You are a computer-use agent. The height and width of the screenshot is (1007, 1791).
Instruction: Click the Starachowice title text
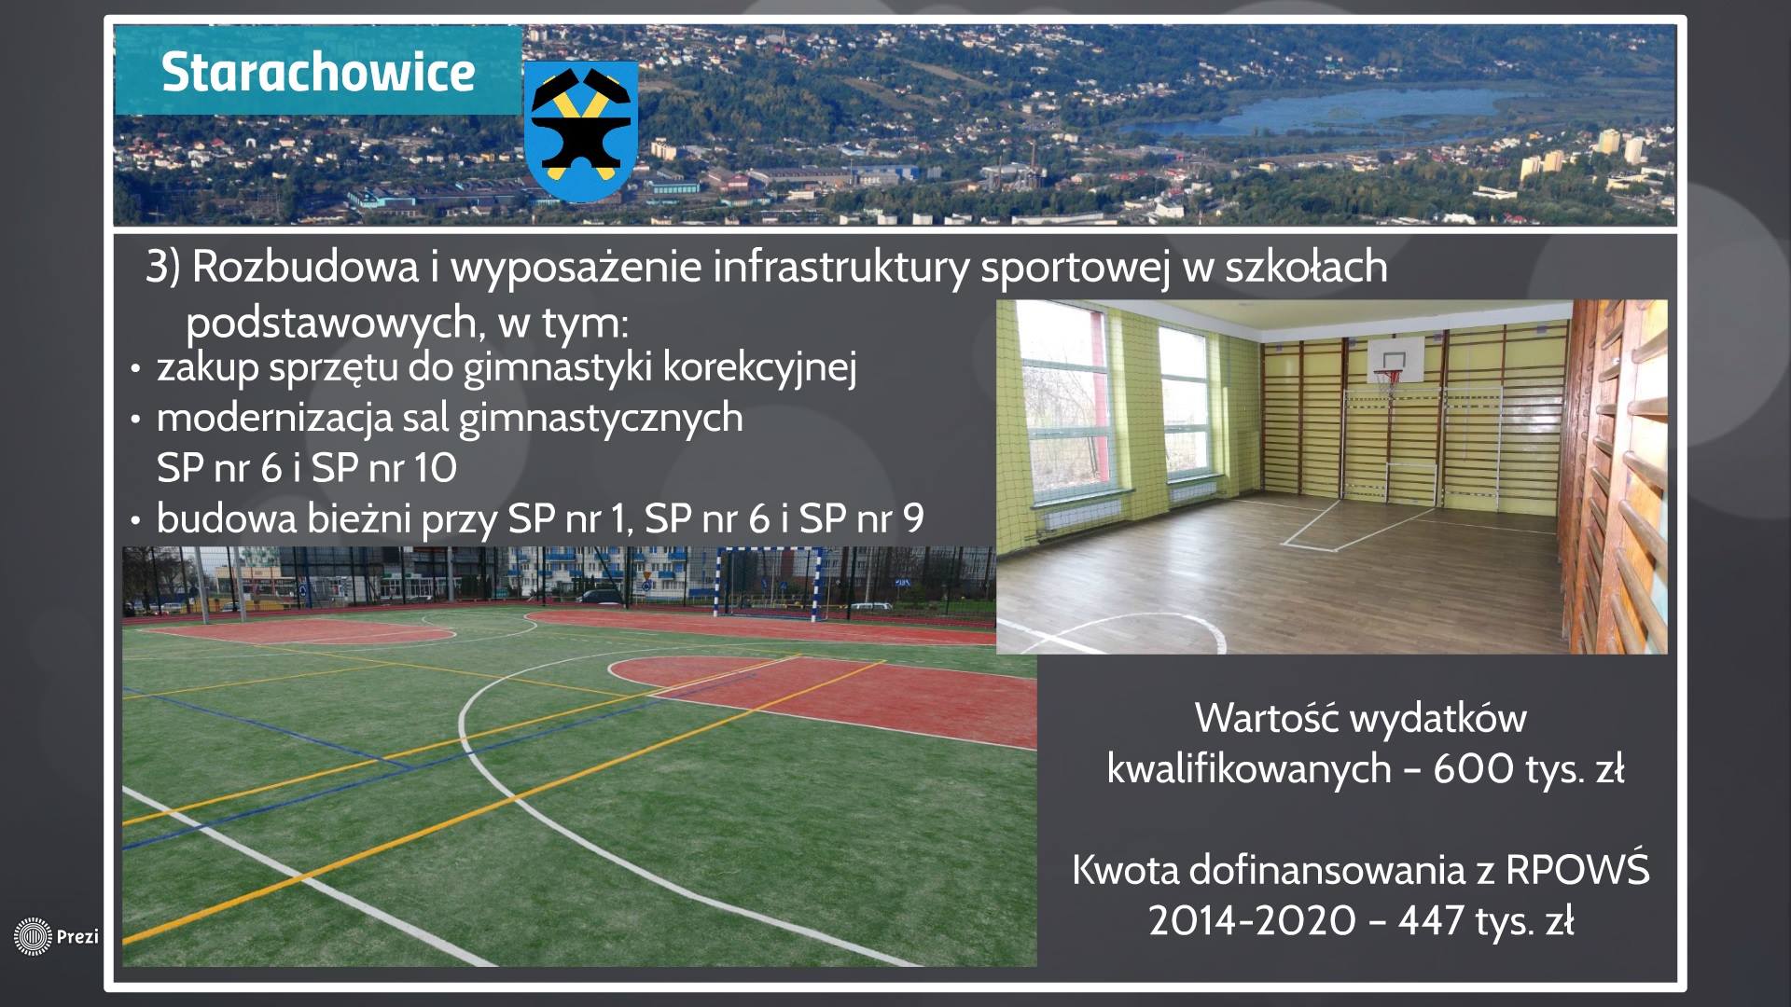point(318,72)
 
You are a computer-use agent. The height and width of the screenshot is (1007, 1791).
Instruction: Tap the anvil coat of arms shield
point(580,132)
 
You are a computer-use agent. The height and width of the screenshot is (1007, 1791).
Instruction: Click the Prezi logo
point(56,936)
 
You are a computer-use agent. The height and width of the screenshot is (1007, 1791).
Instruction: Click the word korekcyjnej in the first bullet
point(759,367)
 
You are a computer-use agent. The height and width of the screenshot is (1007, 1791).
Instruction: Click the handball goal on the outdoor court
point(771,585)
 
